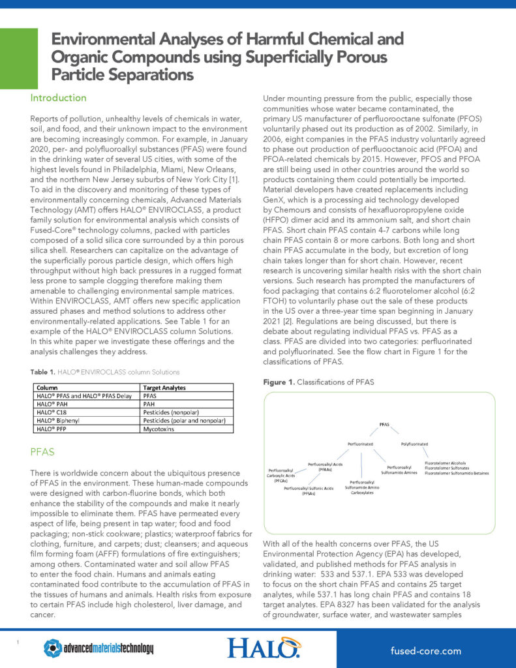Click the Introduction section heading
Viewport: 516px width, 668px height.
pyautogui.click(x=58, y=98)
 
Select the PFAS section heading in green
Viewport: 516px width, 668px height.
pyautogui.click(x=43, y=451)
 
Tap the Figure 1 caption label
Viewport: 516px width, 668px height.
pyautogui.click(x=279, y=382)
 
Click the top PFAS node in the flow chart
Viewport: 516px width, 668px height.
pyautogui.click(x=384, y=425)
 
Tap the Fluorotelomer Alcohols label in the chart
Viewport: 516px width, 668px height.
pyautogui.click(x=446, y=463)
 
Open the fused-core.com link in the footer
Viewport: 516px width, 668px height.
pyautogui.click(x=425, y=650)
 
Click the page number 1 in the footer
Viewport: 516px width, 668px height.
pyautogui.click(x=18, y=643)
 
